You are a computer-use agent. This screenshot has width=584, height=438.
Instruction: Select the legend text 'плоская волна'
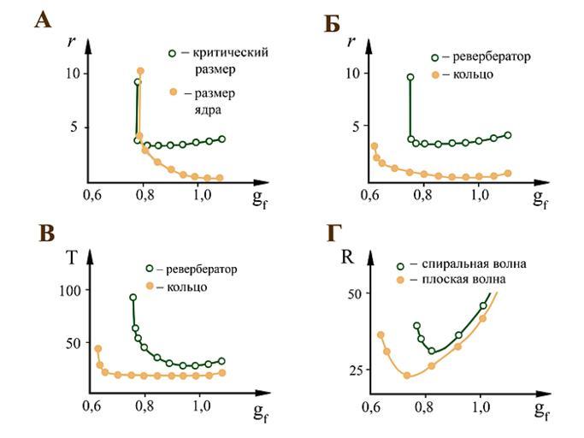tap(458, 280)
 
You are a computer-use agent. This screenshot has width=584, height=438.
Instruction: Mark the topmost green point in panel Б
tap(410, 77)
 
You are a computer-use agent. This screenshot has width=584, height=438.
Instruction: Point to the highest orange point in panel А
tap(140, 71)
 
